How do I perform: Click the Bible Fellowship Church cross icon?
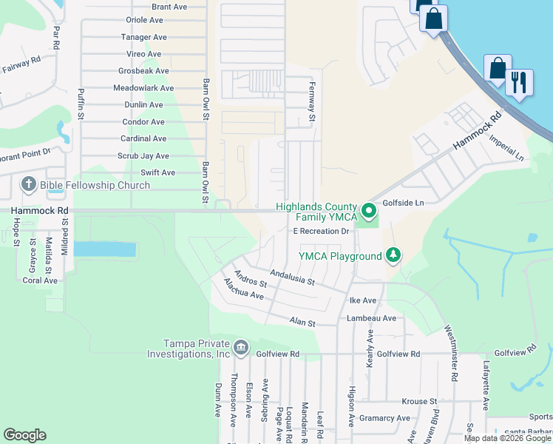point(29,184)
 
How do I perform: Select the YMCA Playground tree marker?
point(393,256)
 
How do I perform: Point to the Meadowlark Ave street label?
point(143,88)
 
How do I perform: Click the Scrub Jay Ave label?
point(143,156)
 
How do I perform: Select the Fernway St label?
point(312,103)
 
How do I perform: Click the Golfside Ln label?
point(403,203)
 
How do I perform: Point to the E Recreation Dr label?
point(321,232)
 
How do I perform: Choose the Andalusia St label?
point(292,277)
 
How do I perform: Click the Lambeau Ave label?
point(372,318)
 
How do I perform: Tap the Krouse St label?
point(418,401)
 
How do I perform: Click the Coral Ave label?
point(40,280)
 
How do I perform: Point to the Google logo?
point(25,434)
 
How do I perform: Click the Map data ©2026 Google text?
point(507,438)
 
